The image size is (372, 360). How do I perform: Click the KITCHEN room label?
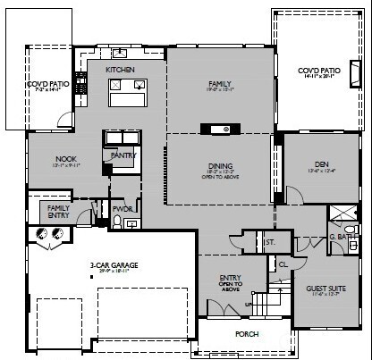pyautogui.click(x=120, y=69)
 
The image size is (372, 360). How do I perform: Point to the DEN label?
pyautogui.click(x=322, y=163)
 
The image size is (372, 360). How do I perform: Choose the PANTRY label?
pyautogui.click(x=122, y=155)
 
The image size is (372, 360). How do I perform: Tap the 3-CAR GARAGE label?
pyautogui.click(x=112, y=265)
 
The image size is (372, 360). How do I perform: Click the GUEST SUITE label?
pyautogui.click(x=324, y=289)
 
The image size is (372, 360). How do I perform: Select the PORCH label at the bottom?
pyautogui.click(x=247, y=335)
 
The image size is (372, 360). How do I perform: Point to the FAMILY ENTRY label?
pyautogui.click(x=58, y=211)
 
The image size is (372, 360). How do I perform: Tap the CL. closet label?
pyautogui.click(x=283, y=264)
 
